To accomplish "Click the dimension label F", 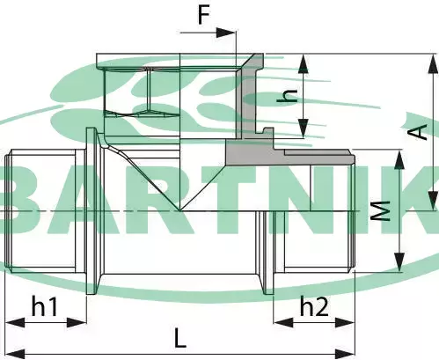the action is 204,14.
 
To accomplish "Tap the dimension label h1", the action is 44,305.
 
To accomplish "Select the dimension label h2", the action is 314,305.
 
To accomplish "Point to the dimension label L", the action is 180,338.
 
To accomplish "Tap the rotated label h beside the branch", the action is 288,96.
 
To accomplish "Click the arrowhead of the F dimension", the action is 226,33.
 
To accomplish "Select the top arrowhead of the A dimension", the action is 434,63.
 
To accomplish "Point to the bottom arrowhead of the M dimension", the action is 399,262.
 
